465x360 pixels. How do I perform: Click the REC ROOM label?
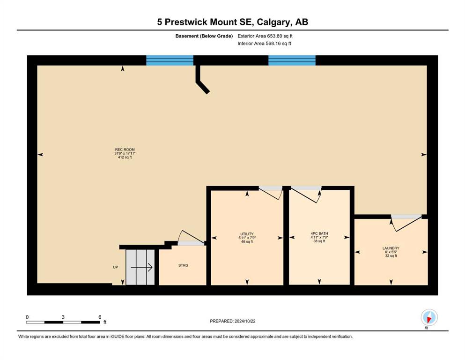click(x=125, y=150)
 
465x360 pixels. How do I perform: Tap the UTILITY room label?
click(x=247, y=234)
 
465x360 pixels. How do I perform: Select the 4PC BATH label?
click(x=319, y=233)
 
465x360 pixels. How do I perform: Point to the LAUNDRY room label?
click(x=391, y=248)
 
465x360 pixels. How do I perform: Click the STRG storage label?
click(x=183, y=265)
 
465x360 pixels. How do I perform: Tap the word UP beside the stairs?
click(x=115, y=267)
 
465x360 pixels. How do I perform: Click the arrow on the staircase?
click(x=142, y=267)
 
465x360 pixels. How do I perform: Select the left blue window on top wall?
click(x=170, y=60)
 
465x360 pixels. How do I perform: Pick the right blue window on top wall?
click(x=292, y=60)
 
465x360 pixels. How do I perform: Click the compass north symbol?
click(x=429, y=317)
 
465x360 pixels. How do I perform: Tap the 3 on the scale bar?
click(x=63, y=317)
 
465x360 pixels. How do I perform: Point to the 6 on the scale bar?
click(x=100, y=317)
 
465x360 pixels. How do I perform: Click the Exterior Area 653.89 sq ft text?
click(x=265, y=36)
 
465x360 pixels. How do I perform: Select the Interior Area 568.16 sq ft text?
click(x=264, y=43)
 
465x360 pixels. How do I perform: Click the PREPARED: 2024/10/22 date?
click(x=232, y=321)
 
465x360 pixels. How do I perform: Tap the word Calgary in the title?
click(x=274, y=22)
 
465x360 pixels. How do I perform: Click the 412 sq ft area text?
click(x=125, y=157)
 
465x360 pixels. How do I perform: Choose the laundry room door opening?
click(x=406, y=217)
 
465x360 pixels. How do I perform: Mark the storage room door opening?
click(x=191, y=243)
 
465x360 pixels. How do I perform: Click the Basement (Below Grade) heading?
click(x=204, y=36)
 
